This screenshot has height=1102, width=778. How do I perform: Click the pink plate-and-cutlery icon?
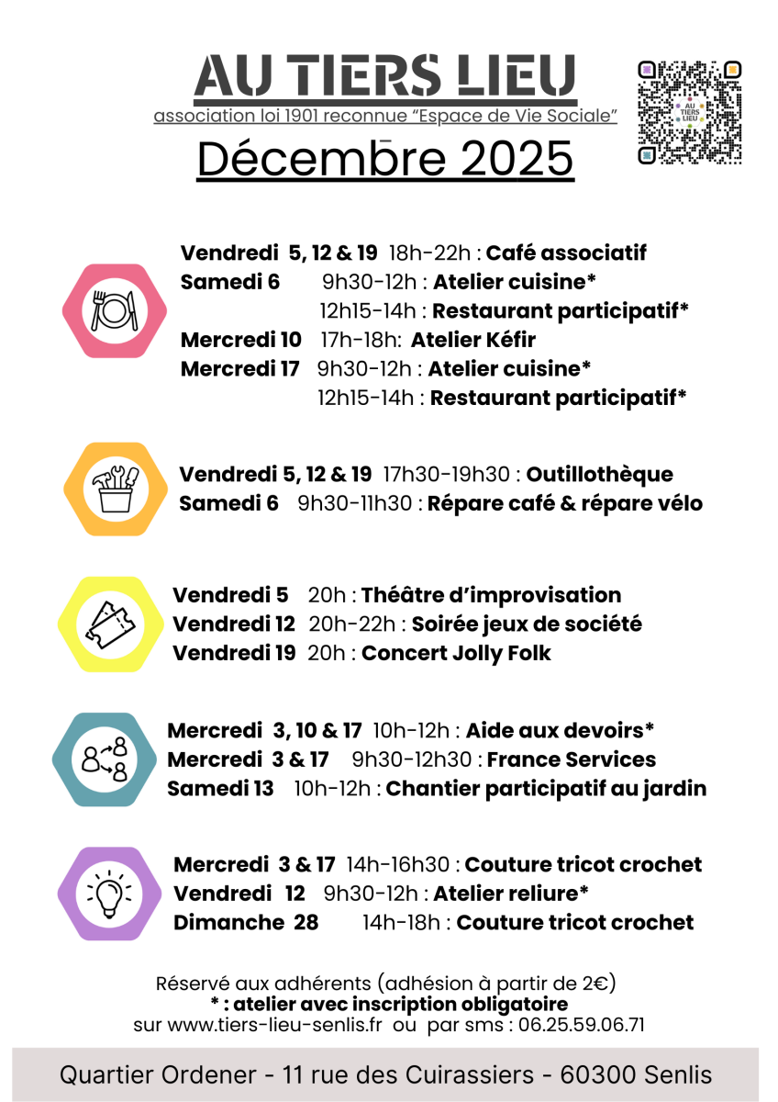(115, 310)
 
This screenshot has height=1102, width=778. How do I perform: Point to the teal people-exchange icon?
(104, 759)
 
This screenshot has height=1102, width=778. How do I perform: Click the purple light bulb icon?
(108, 893)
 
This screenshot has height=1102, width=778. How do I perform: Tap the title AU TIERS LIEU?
(385, 77)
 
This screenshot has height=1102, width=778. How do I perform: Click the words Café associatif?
(566, 253)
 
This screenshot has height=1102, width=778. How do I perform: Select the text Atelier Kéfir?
(472, 340)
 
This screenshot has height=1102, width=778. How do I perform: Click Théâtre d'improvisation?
(491, 594)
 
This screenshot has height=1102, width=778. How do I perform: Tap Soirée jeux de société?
(526, 624)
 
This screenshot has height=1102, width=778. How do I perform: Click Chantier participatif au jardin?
(546, 788)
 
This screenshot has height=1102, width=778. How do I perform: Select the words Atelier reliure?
(510, 893)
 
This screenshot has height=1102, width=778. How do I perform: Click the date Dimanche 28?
(246, 922)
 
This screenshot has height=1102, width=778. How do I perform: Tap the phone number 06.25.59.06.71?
(583, 1024)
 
